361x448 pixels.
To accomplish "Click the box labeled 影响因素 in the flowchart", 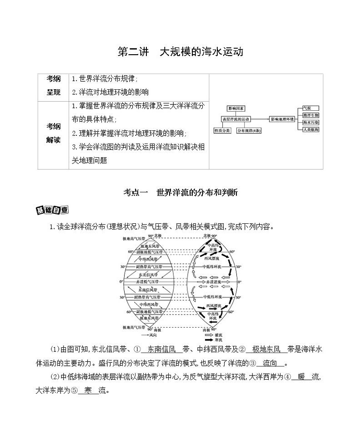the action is pyautogui.click(x=236, y=108).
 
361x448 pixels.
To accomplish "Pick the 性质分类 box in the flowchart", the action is pyautogui.click(x=222, y=130).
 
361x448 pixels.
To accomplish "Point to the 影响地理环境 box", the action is pyautogui.click(x=281, y=119).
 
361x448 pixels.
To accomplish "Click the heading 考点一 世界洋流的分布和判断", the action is pyautogui.click(x=180, y=193).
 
